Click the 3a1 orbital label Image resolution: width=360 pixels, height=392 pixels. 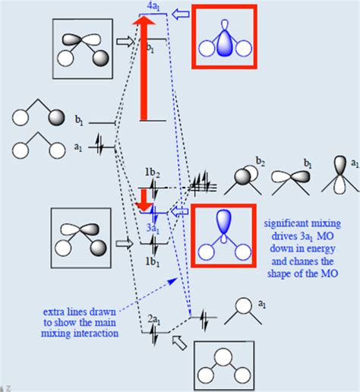pyautogui.click(x=154, y=226)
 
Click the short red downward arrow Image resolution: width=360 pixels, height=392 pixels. pyautogui.click(x=142, y=199)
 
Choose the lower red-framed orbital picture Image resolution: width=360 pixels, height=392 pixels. pyautogui.click(x=223, y=236)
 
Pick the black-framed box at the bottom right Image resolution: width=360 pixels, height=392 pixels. pyautogui.click(x=223, y=364)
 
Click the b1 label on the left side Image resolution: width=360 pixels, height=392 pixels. pyautogui.click(x=79, y=119)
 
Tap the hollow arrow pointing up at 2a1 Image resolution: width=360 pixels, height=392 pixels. pyautogui.click(x=178, y=344)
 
